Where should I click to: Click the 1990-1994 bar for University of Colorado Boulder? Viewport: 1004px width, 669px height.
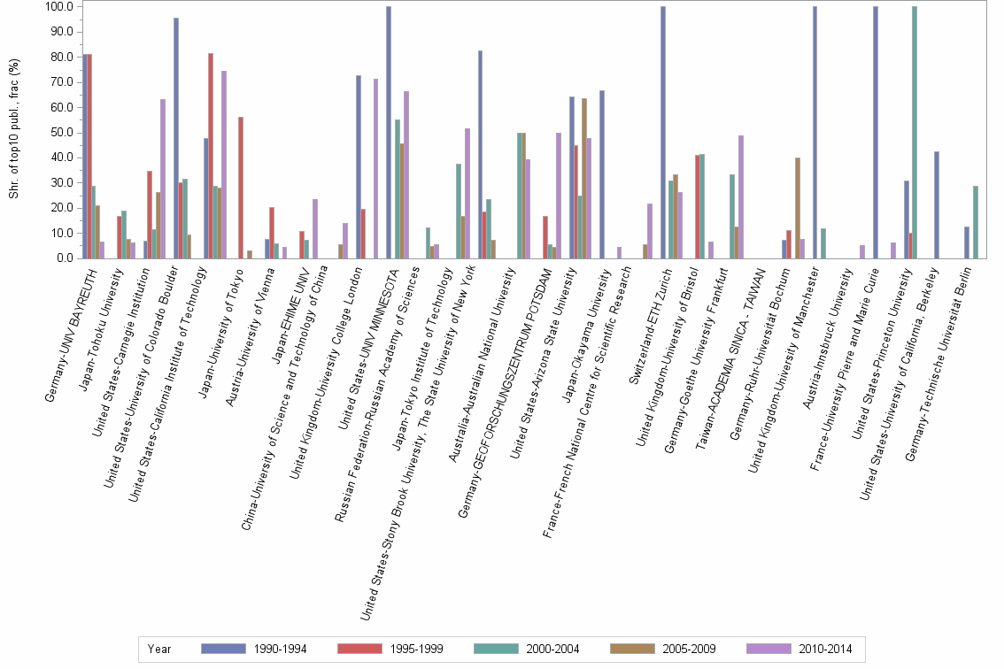click(176, 138)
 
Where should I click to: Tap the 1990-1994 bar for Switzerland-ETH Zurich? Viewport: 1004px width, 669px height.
click(662, 133)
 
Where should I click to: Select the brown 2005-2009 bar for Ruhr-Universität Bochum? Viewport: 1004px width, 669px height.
click(797, 208)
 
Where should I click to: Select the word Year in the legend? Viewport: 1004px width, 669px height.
click(160, 650)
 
